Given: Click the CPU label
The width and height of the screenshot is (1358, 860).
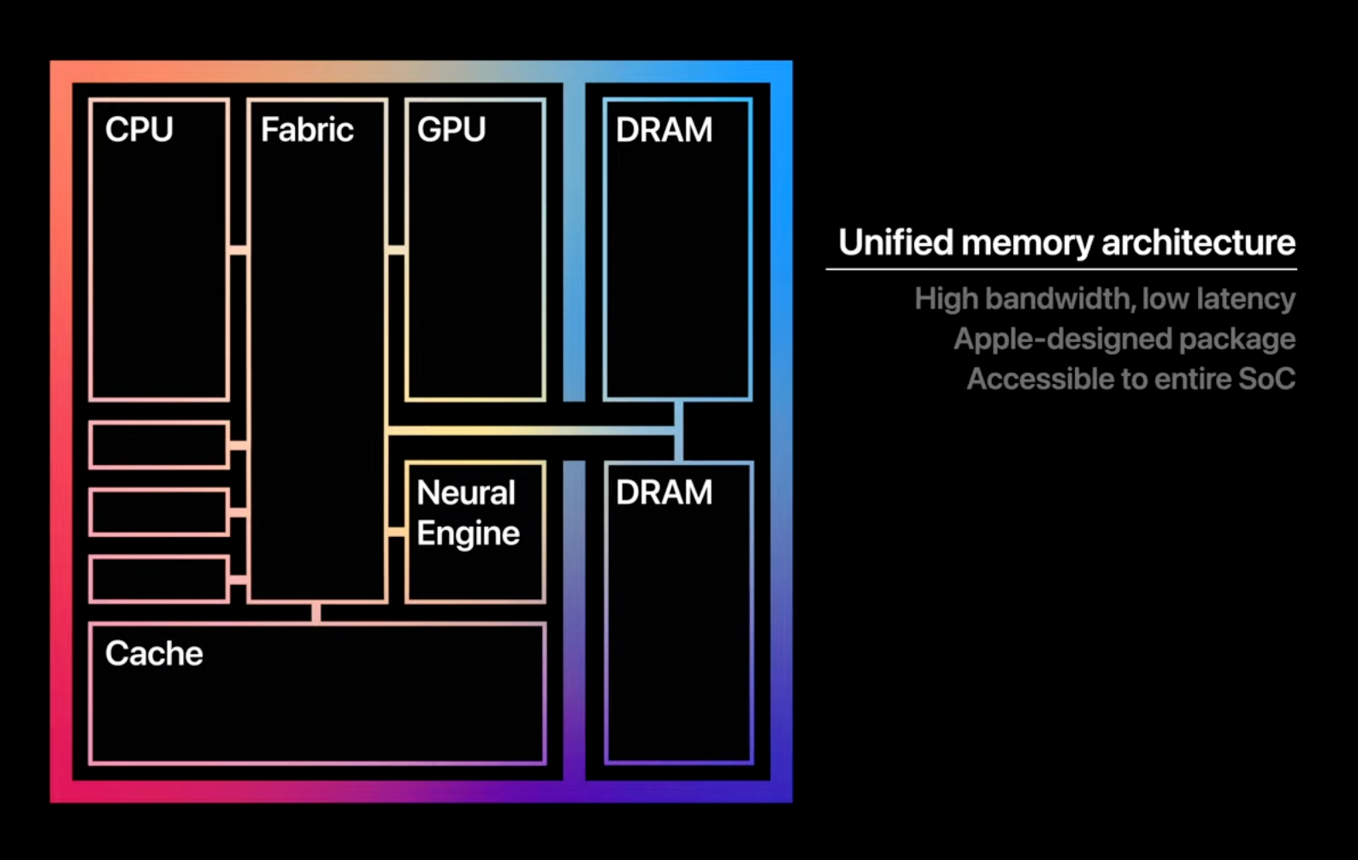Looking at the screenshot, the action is (x=139, y=129).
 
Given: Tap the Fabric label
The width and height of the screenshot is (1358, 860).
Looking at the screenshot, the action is (x=307, y=129).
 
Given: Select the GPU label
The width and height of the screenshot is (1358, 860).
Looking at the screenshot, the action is (x=451, y=129).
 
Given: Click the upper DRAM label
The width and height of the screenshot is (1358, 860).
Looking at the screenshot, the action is (x=664, y=129).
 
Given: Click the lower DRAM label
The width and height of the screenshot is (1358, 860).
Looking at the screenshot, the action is (x=664, y=492).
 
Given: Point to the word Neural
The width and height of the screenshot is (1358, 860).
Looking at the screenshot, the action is (x=465, y=492).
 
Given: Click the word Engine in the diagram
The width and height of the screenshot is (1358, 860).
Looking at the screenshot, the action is (x=468, y=533).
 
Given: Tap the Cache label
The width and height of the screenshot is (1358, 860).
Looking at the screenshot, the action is (x=154, y=653).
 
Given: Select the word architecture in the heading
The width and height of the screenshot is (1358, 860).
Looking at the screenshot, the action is (x=1199, y=243).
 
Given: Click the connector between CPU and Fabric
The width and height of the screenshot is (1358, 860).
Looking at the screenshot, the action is (x=239, y=250).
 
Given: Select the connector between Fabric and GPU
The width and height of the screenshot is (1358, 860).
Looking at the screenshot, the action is (x=397, y=250).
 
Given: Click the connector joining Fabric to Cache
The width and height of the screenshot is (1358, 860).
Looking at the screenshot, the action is (x=316, y=613).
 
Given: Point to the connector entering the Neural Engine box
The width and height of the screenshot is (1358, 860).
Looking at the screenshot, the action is (x=397, y=532).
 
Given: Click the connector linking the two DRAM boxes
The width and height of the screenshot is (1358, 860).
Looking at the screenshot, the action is (x=679, y=431).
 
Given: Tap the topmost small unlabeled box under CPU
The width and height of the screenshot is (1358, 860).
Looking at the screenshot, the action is (x=159, y=445).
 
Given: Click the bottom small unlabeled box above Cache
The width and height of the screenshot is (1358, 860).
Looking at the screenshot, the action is (x=159, y=580).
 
